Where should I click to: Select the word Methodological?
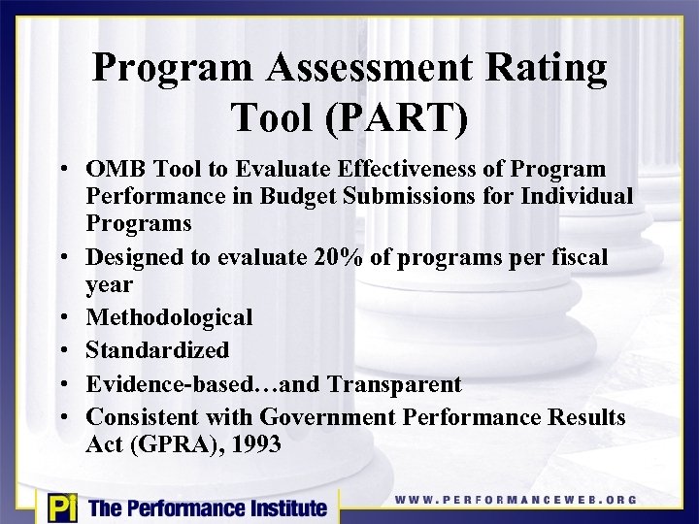tap(169, 317)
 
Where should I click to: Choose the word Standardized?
tap(157, 349)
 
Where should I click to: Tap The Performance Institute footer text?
tap(207, 508)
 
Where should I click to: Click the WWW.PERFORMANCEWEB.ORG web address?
tap(516, 500)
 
